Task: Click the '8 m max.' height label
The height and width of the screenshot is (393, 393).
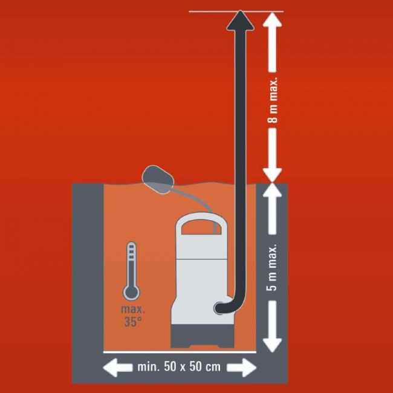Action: [273, 100]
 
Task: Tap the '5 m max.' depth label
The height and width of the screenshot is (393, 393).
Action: [271, 267]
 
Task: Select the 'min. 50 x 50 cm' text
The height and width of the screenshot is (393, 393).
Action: [179, 366]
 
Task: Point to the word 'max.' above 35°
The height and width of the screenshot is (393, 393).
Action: [133, 310]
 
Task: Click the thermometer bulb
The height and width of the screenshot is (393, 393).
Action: [131, 293]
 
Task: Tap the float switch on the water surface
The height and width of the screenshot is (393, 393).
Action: [158, 180]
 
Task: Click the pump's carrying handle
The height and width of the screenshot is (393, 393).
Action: [201, 224]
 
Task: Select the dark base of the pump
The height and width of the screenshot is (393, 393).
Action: [202, 336]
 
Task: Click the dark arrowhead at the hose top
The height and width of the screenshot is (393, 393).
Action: [241, 21]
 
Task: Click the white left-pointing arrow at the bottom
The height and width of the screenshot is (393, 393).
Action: [117, 368]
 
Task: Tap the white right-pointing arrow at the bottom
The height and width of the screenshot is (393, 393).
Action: [242, 368]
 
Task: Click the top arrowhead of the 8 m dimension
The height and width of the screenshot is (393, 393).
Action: [273, 19]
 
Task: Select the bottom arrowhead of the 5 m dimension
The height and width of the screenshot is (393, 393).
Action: [273, 345]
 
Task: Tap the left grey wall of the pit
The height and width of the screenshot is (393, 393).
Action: [88, 268]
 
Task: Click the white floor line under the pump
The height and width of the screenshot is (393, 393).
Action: [180, 352]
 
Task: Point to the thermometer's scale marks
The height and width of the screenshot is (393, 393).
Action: [131, 252]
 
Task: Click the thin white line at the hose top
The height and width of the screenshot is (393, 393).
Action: [236, 11]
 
